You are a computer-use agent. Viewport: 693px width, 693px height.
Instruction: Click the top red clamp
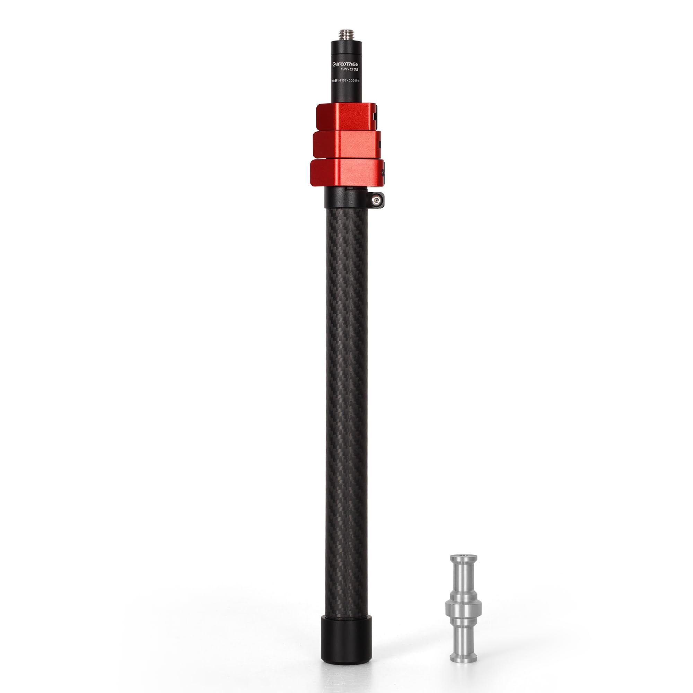(x=346, y=116)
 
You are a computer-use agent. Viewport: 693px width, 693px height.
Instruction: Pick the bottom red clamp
(x=346, y=173)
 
